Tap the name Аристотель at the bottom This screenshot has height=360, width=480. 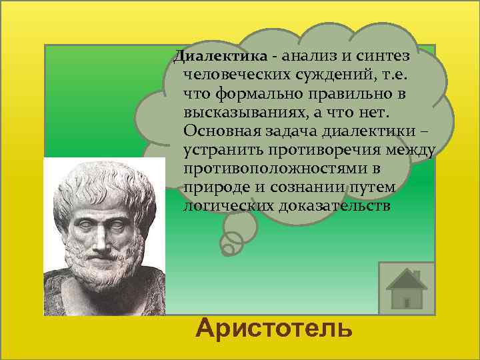click(x=273, y=329)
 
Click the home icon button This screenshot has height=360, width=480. click(x=406, y=288)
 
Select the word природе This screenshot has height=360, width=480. click(x=212, y=185)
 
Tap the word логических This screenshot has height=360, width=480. click(x=223, y=204)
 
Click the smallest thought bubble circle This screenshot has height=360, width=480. click(x=227, y=250)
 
